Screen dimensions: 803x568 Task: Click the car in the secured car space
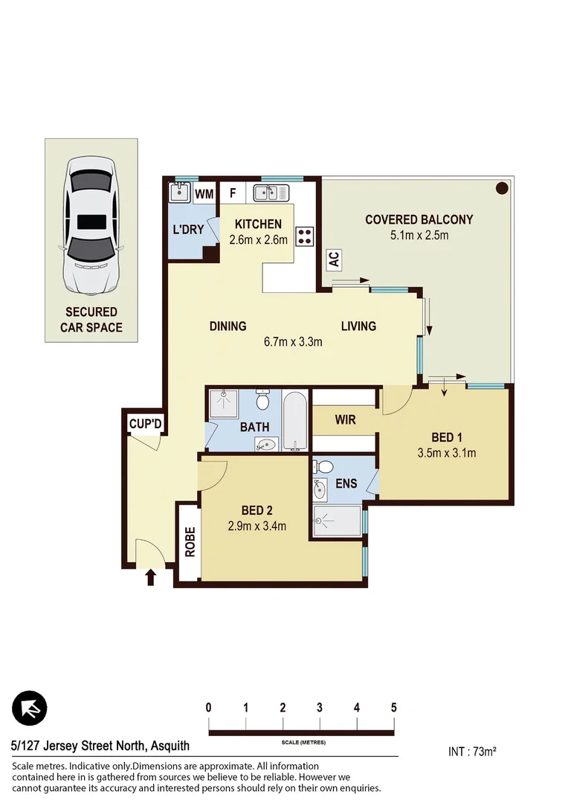click(91, 223)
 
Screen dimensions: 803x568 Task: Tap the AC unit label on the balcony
click(334, 259)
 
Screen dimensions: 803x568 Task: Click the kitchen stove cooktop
click(305, 236)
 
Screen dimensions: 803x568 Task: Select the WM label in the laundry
click(204, 194)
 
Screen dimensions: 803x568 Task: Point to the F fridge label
click(233, 194)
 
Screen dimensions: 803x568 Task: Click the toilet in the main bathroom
click(262, 401)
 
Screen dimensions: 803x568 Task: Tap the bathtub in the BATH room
click(295, 421)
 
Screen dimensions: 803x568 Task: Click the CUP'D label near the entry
click(145, 425)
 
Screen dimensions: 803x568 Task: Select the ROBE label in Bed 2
click(190, 542)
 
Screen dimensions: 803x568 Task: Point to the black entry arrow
click(151, 577)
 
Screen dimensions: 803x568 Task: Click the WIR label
click(345, 419)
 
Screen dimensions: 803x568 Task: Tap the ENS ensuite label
click(346, 483)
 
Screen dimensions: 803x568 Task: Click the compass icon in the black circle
click(30, 709)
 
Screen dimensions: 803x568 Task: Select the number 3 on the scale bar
click(320, 707)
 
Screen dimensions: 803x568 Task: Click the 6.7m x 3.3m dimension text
click(293, 342)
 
